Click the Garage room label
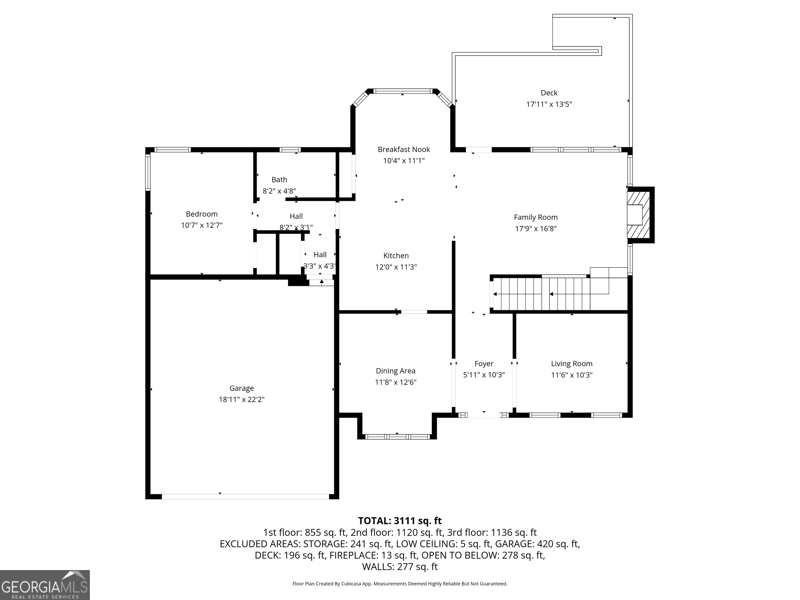[x=242, y=388]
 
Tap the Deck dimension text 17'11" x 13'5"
[x=549, y=104]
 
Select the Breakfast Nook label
[x=404, y=149]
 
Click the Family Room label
[x=536, y=217]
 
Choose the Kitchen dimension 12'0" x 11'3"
[x=396, y=267]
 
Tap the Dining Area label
[x=396, y=371]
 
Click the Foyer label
[x=484, y=364]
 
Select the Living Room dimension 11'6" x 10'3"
[x=572, y=375]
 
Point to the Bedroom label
[x=202, y=214]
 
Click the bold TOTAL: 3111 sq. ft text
[x=400, y=521]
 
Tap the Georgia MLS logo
[x=45, y=585]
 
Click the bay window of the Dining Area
[x=397, y=436]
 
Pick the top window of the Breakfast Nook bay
[x=403, y=91]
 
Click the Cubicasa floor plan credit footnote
[x=400, y=583]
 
